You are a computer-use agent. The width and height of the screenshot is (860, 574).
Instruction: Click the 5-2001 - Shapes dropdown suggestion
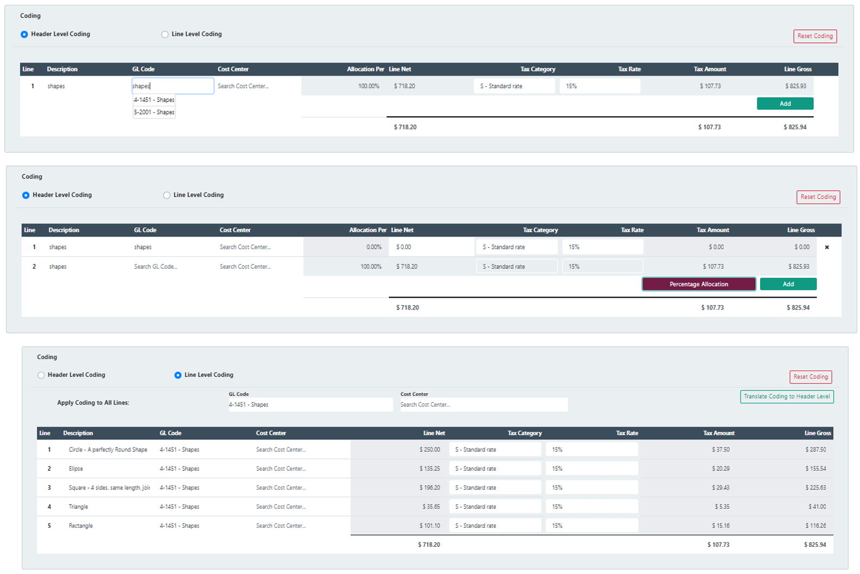(154, 112)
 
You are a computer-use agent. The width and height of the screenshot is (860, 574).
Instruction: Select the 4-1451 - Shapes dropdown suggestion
(154, 100)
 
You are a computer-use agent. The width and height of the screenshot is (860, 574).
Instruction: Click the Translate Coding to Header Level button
(787, 396)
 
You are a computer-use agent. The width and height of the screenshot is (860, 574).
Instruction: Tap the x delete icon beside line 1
(827, 247)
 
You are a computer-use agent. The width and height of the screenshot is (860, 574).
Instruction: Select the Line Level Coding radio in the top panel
(165, 34)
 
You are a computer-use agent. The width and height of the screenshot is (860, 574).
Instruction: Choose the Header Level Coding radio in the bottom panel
(41, 375)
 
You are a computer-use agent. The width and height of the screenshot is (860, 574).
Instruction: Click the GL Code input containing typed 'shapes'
(173, 86)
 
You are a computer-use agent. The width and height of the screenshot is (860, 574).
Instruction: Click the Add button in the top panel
(785, 104)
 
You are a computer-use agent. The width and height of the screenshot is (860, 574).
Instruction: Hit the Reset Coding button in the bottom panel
(810, 377)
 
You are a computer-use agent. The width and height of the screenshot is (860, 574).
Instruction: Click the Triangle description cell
(78, 507)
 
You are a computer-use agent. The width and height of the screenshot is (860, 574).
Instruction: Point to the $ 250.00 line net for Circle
(429, 450)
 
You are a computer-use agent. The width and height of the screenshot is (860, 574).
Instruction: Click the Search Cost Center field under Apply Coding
(483, 405)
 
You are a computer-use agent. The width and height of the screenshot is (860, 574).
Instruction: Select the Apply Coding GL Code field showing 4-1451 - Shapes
(310, 405)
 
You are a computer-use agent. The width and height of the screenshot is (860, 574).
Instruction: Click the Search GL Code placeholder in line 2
(156, 267)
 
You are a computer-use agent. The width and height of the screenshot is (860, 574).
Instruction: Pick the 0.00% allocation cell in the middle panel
(374, 247)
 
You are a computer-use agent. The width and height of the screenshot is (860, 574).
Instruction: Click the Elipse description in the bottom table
(76, 469)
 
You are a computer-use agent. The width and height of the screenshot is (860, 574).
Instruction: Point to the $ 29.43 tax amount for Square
(720, 488)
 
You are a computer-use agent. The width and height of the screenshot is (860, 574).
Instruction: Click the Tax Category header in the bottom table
(524, 433)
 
